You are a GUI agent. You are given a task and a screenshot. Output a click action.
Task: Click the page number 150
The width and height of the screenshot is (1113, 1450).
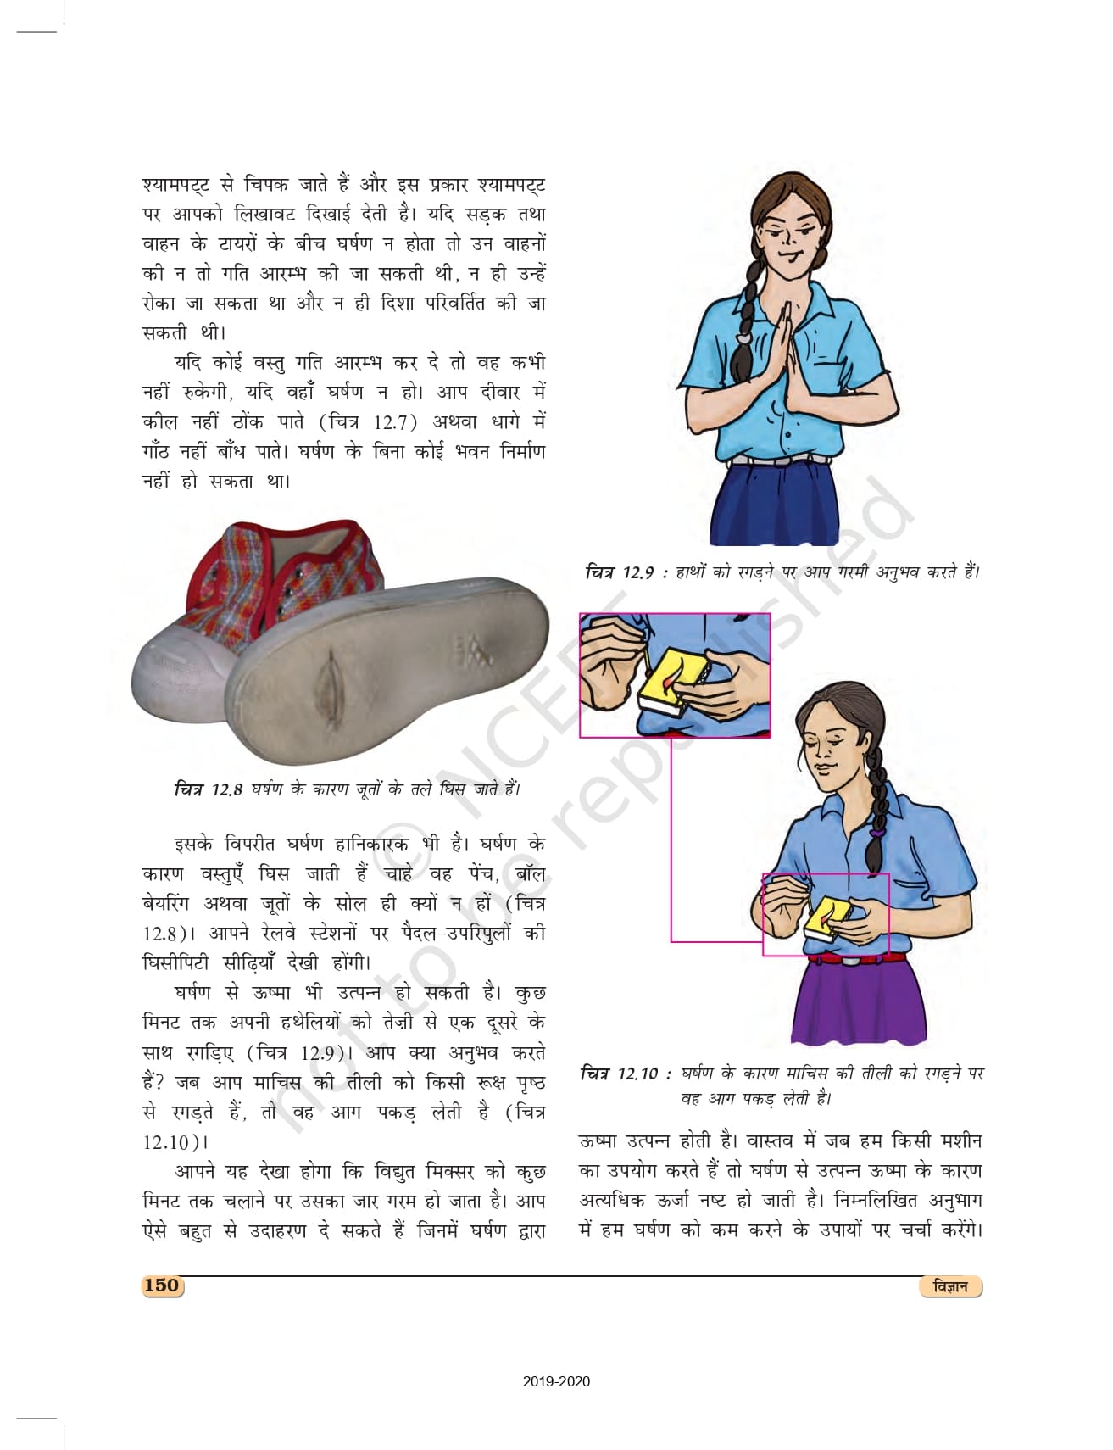[x=161, y=1285]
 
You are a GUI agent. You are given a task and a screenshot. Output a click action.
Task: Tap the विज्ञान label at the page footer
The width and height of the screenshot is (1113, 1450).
[x=949, y=1286]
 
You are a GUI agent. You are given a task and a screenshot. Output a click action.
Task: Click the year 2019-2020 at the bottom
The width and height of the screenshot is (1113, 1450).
[x=556, y=1381]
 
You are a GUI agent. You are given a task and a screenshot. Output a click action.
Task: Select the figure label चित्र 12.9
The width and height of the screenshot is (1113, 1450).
[x=619, y=572]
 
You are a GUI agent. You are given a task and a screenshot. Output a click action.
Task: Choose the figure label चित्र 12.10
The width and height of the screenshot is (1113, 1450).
[x=619, y=1074]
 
